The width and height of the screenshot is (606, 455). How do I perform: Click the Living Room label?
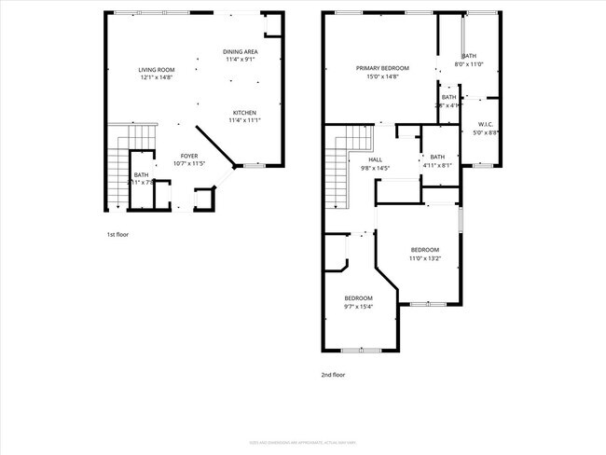tap(158, 69)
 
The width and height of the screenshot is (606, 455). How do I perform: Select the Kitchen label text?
tap(244, 112)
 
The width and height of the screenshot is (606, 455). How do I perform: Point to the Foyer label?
tap(189, 156)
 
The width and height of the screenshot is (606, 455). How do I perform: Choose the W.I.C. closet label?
tap(486, 124)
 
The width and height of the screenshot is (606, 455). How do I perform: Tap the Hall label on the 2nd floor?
tap(375, 159)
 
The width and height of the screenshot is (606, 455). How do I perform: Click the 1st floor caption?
tap(117, 235)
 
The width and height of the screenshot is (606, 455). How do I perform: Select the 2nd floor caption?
tap(333, 375)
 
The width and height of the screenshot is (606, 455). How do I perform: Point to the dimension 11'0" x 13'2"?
tap(425, 258)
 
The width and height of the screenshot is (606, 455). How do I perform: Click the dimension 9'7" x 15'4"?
tap(358, 307)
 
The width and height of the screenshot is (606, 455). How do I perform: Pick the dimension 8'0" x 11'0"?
tap(468, 64)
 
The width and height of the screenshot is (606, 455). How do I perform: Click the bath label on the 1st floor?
tap(141, 174)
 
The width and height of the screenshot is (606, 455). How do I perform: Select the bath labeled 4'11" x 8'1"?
tap(437, 165)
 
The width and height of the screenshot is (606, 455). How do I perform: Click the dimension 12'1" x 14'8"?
tap(158, 77)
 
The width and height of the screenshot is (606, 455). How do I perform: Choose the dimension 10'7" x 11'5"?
tap(189, 164)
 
